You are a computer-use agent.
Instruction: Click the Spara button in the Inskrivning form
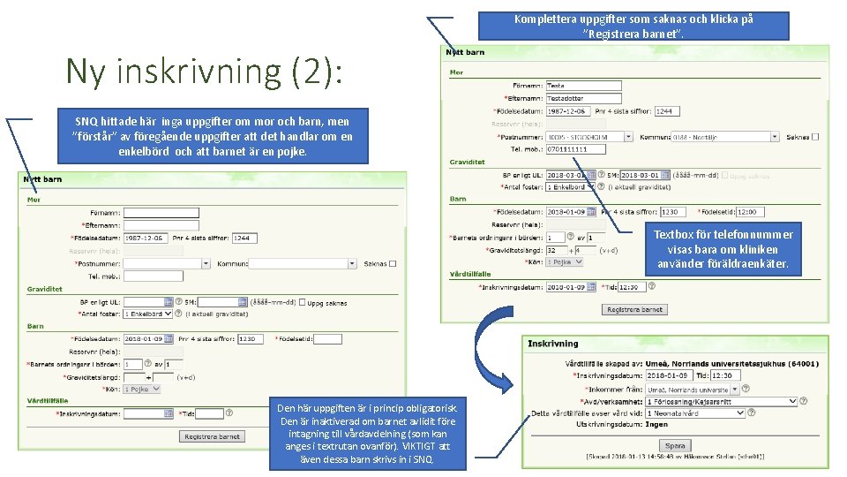[x=675, y=446]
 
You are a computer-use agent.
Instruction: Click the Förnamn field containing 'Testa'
[x=583, y=86]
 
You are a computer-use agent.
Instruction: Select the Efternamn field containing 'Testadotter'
[x=583, y=98]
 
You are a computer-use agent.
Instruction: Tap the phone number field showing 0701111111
[x=575, y=149]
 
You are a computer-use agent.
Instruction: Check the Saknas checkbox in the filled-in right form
[x=815, y=137]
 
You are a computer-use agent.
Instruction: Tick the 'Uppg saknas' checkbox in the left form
[x=303, y=302]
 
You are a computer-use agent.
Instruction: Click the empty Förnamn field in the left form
[x=161, y=213]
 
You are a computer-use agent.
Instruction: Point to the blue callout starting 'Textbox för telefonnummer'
[x=723, y=248]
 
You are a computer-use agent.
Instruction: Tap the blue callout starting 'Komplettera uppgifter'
[x=633, y=26]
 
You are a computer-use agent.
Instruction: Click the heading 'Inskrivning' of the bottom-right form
[x=553, y=343]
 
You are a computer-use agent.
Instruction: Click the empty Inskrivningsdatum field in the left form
[x=148, y=413]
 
